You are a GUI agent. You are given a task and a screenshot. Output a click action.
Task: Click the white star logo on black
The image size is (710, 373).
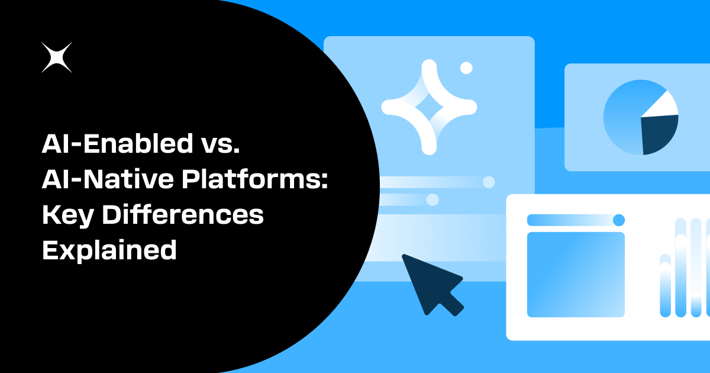[x=57, y=58]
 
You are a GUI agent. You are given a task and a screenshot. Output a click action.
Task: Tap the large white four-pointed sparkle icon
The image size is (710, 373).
[x=429, y=107]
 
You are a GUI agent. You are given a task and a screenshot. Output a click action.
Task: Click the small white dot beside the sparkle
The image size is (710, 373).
[x=466, y=67]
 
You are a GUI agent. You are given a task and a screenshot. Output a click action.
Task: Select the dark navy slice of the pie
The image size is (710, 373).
[x=659, y=133]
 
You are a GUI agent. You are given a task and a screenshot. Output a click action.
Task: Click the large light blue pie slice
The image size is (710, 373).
[x=624, y=118]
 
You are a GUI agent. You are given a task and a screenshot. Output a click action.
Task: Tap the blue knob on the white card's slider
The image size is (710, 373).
[x=618, y=220]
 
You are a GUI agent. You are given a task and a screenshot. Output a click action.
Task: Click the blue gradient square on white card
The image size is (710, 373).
[x=576, y=274]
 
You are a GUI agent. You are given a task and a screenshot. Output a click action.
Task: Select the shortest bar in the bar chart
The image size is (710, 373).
[x=666, y=287]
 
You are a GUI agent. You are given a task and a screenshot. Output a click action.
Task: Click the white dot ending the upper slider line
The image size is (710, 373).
[x=489, y=182]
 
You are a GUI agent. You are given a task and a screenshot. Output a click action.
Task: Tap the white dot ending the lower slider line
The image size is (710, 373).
[x=433, y=200]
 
